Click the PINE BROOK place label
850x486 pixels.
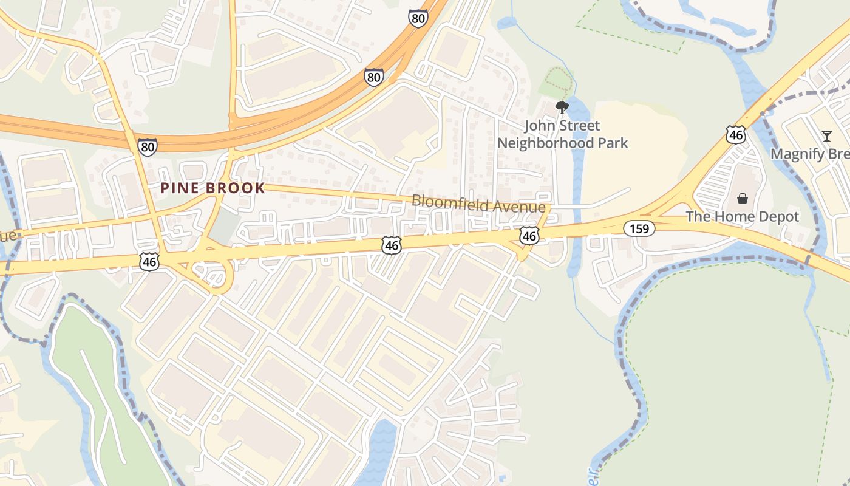pyautogui.click(x=212, y=188)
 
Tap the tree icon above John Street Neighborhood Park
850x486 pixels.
pyautogui.click(x=562, y=108)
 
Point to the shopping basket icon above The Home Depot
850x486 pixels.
pyautogui.click(x=742, y=199)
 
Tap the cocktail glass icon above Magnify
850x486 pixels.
pyautogui.click(x=826, y=135)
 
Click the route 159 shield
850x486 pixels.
pyautogui.click(x=639, y=229)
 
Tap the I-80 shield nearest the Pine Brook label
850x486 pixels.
pyautogui.click(x=147, y=146)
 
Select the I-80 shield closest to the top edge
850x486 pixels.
pyautogui.click(x=418, y=18)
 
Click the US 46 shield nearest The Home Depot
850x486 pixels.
pyautogui.click(x=735, y=135)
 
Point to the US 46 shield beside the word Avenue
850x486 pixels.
pyautogui.click(x=529, y=236)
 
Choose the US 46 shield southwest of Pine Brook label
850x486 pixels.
pyautogui.click(x=149, y=262)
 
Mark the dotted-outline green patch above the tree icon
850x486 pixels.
pyautogui.click(x=557, y=83)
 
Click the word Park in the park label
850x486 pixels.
pyautogui.click(x=612, y=143)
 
